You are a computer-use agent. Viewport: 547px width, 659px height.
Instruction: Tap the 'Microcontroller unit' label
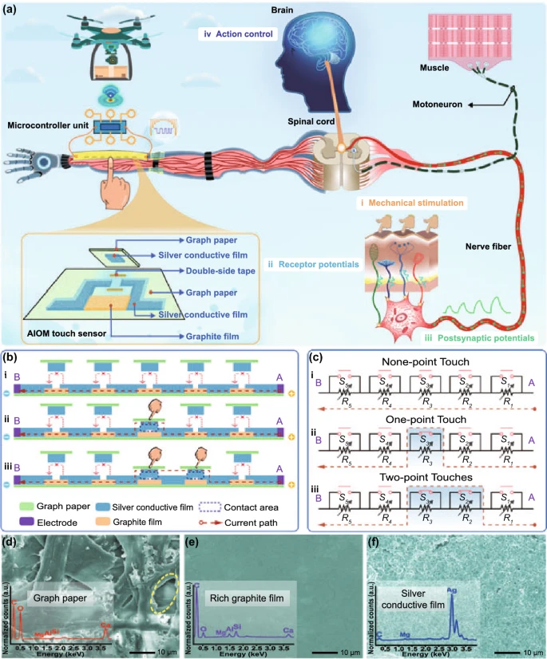(x=49, y=126)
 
